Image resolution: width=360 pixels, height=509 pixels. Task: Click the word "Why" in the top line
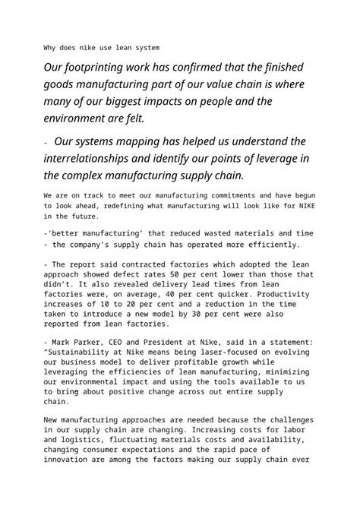click(51, 46)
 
